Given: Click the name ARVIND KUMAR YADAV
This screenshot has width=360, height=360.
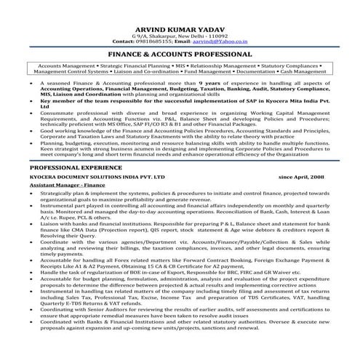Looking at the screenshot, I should tap(179, 25).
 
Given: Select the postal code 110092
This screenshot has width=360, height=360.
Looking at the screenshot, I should tap(216, 33).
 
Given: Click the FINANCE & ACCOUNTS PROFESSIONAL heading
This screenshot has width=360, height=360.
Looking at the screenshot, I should tap(179, 54).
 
